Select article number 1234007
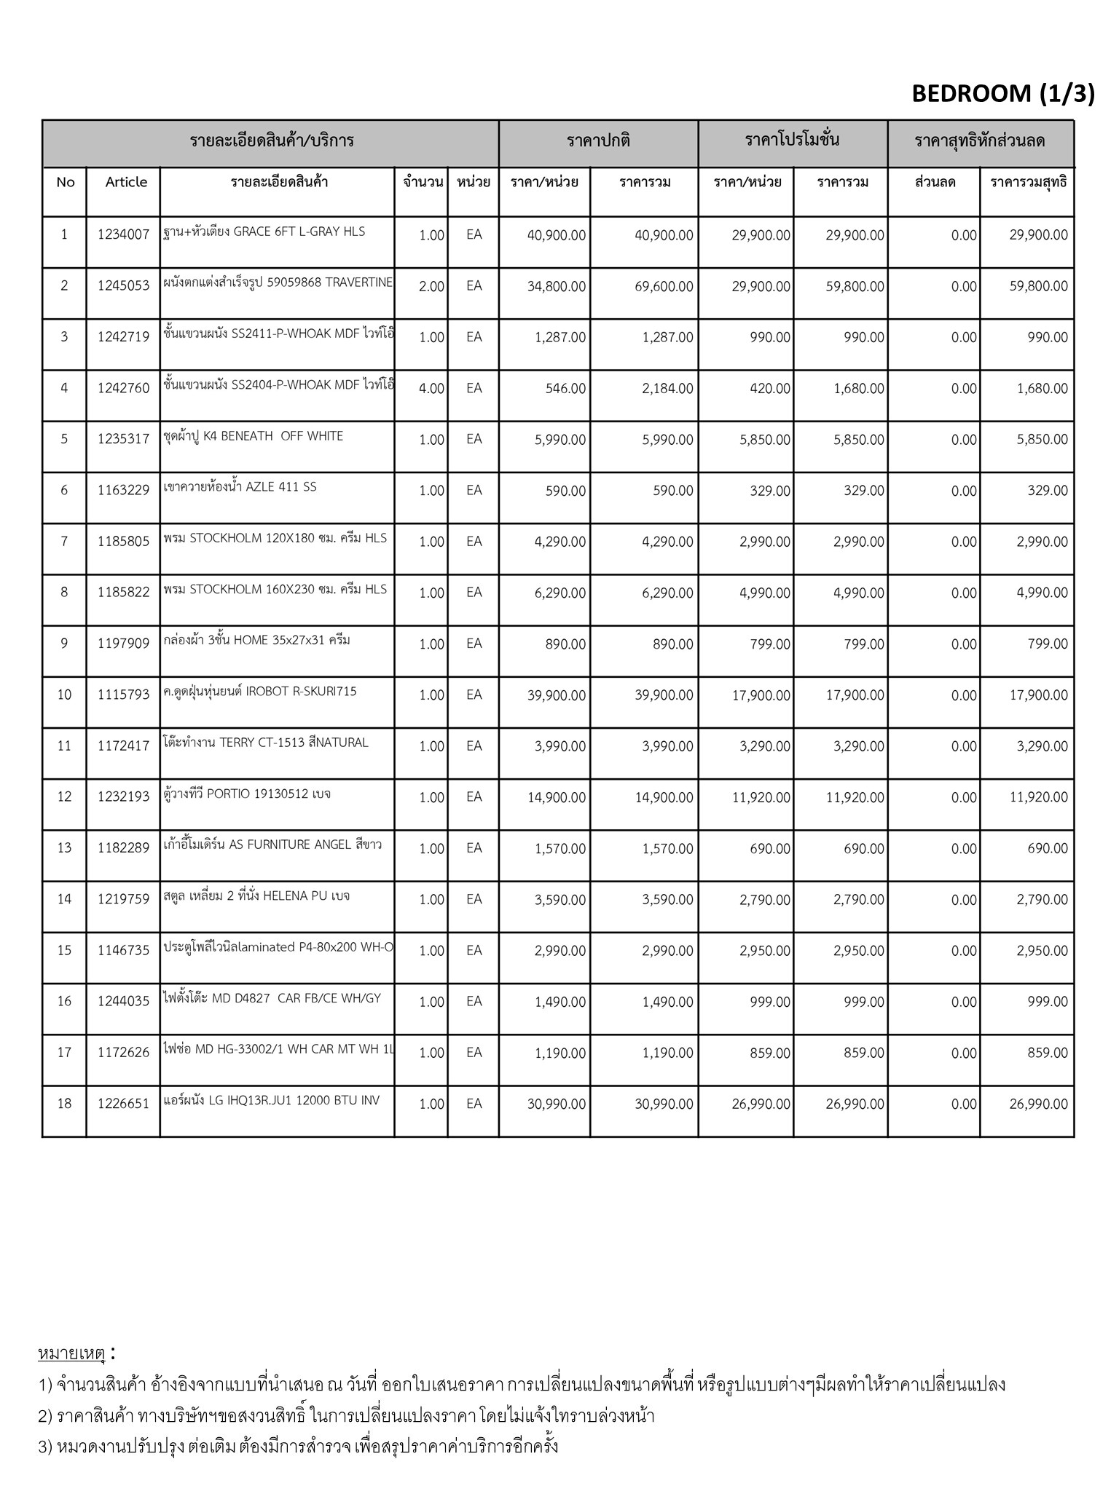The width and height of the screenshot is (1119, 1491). point(123,234)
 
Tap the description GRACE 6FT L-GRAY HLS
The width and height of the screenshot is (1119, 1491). point(264,232)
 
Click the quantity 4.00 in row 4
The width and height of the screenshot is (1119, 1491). point(431,389)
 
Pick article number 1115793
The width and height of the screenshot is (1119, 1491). point(123,695)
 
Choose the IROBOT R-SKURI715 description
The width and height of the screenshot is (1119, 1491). point(260,692)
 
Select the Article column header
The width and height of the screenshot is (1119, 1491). point(126,182)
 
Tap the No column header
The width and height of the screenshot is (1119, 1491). point(65,182)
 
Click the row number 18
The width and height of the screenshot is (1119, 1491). point(64,1104)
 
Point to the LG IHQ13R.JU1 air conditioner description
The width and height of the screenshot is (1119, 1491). point(272,1100)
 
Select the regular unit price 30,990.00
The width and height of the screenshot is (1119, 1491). point(557,1104)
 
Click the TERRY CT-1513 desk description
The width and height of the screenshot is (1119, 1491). point(266,743)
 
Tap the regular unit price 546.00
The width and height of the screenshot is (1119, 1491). point(565,389)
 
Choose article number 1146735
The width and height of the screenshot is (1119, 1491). point(123,951)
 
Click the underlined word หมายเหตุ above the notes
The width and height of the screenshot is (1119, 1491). point(71,1354)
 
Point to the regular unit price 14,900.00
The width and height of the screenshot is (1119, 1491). point(557,798)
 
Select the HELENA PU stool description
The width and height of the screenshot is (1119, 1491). point(256,896)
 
